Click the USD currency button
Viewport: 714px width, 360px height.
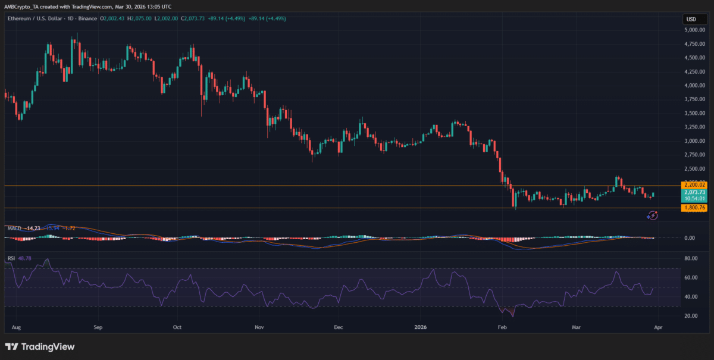click(691, 19)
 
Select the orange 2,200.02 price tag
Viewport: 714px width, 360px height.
click(694, 186)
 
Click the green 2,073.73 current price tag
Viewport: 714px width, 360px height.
click(694, 192)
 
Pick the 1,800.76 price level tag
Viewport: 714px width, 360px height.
click(694, 208)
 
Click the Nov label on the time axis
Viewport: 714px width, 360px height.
click(259, 327)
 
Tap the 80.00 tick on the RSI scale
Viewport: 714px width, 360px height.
click(690, 259)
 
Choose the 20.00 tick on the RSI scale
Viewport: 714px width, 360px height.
click(690, 315)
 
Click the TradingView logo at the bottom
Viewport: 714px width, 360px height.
click(40, 347)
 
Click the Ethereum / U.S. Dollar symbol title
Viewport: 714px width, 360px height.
click(36, 19)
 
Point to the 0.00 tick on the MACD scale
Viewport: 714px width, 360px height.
click(690, 238)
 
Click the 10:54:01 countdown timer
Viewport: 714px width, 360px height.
click(694, 199)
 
